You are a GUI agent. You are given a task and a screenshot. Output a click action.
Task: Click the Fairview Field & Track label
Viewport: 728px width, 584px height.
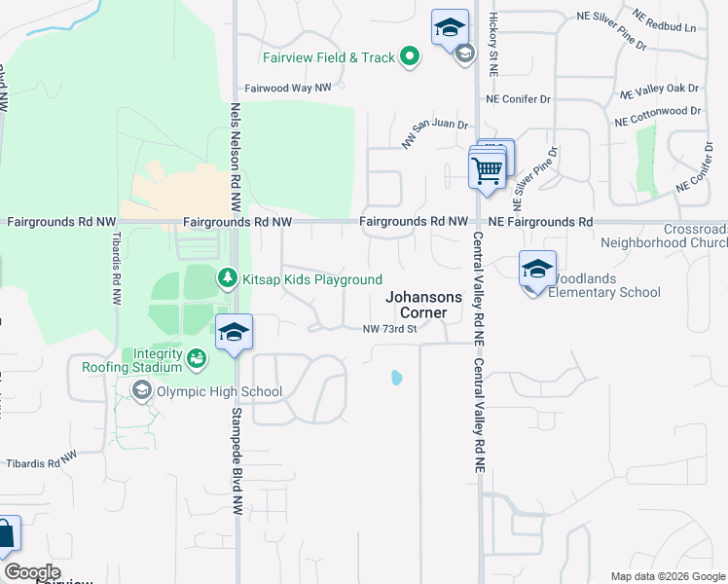click(333, 58)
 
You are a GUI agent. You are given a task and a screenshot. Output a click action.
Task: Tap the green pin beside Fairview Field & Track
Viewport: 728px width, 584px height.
click(410, 57)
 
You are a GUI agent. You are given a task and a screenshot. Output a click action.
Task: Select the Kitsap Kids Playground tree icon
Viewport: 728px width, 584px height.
click(228, 279)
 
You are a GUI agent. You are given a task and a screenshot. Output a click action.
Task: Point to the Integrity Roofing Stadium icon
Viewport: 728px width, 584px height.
click(198, 359)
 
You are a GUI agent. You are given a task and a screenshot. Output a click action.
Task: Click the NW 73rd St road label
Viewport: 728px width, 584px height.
click(389, 329)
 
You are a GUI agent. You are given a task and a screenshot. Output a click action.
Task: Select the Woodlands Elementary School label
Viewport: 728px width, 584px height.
click(604, 285)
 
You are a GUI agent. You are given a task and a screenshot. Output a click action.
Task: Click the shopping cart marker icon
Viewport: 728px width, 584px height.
click(487, 170)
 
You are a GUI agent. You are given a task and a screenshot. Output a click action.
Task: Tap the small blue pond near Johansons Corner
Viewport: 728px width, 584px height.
click(396, 377)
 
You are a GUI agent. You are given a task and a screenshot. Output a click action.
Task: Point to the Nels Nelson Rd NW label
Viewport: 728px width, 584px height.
click(236, 157)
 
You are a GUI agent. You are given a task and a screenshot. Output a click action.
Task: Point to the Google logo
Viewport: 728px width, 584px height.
click(32, 572)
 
